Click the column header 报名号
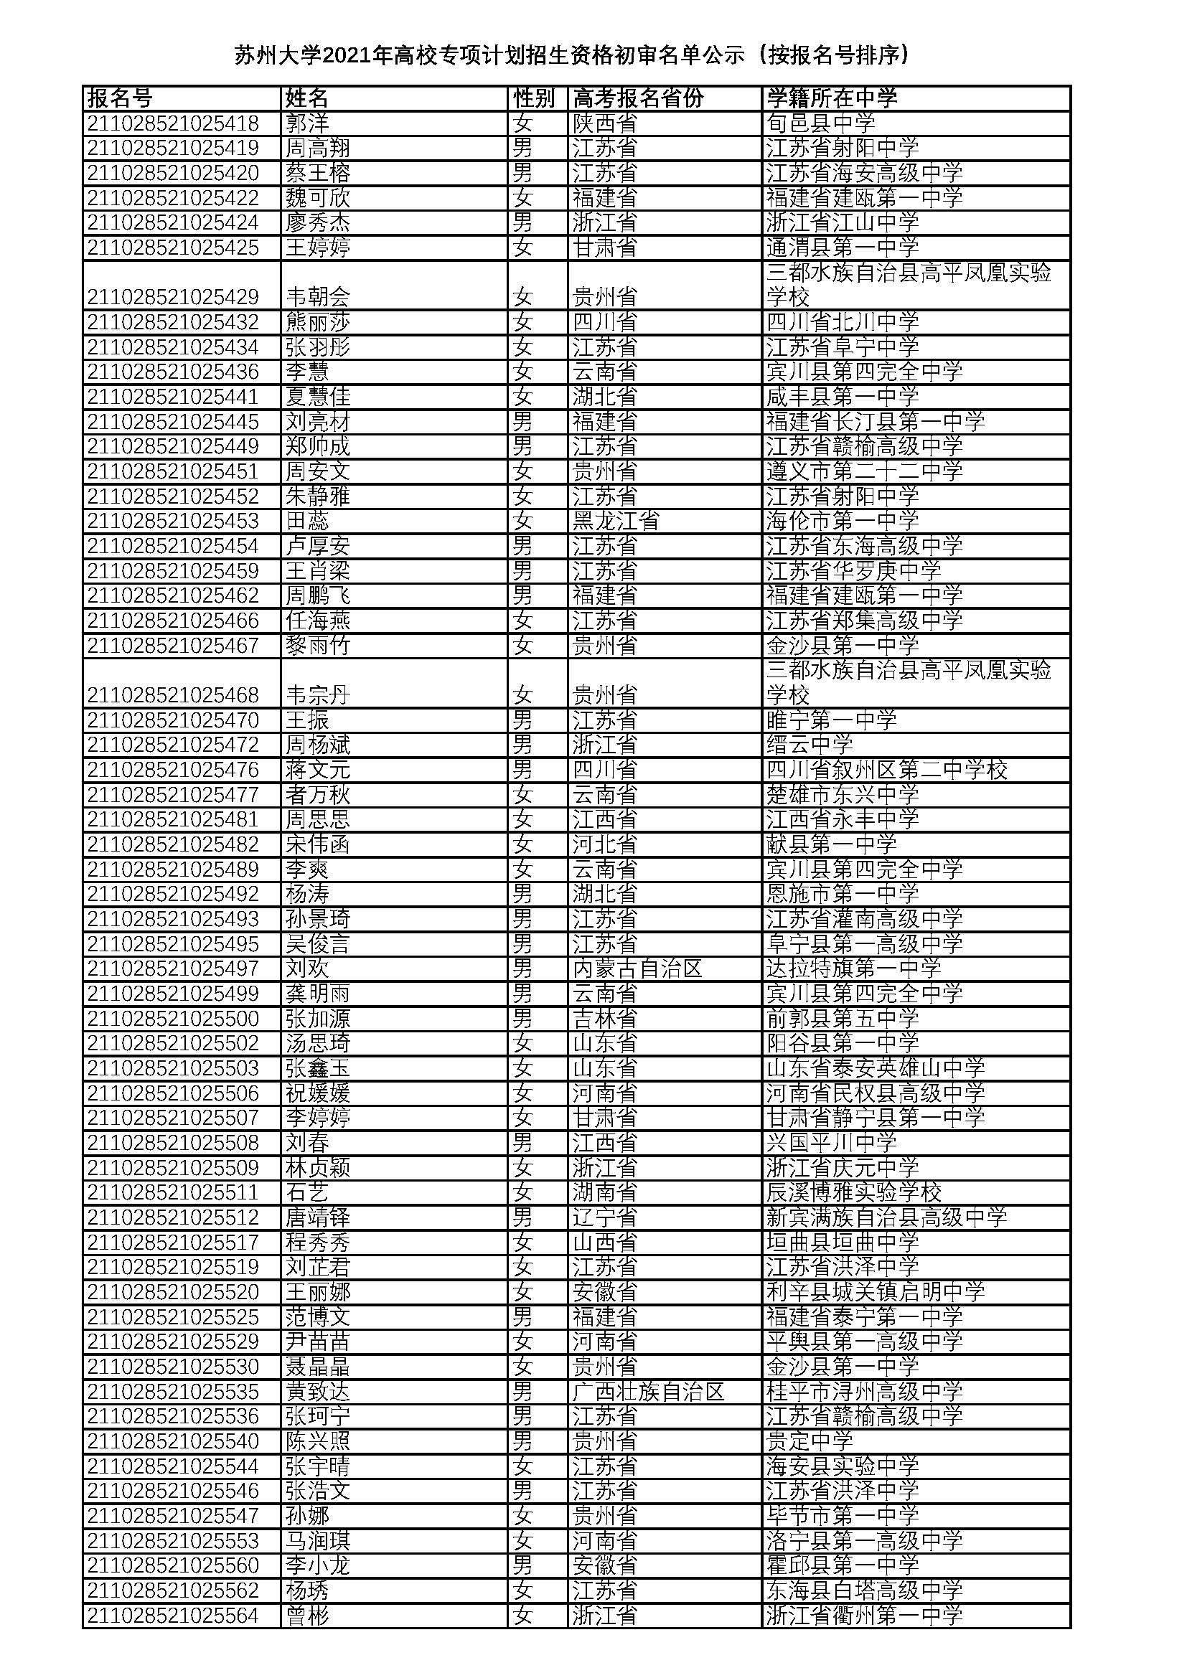click(120, 98)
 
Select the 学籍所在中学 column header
click(832, 98)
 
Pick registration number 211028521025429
click(173, 298)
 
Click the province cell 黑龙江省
click(616, 521)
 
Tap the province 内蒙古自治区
click(637, 969)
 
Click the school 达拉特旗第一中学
click(853, 969)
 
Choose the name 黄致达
click(318, 1392)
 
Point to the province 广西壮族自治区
click(648, 1392)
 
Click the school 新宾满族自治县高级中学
click(886, 1217)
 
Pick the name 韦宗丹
click(318, 695)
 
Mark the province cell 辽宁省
click(604, 1217)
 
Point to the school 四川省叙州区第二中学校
click(886, 770)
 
